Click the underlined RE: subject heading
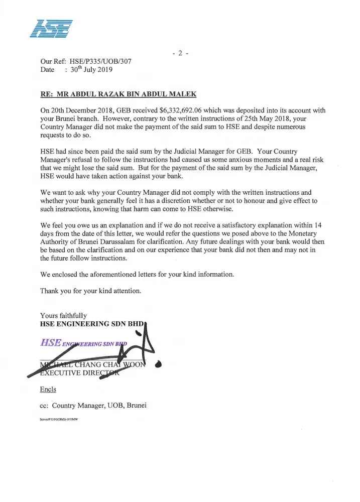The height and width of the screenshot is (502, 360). [x=118, y=94]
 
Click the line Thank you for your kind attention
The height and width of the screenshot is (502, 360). [x=90, y=291]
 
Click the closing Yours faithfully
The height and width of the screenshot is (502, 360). [x=63, y=315]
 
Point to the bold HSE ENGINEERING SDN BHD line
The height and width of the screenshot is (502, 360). [x=92, y=324]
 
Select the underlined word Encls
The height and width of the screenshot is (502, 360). [x=48, y=390]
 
